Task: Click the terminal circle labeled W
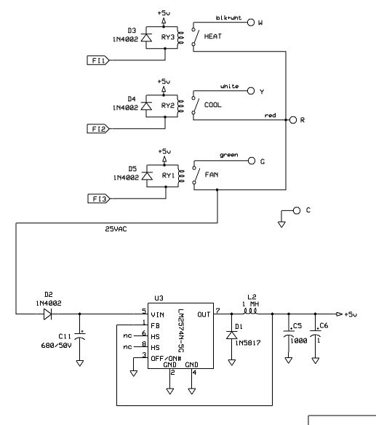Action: tap(252, 23)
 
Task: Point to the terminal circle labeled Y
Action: tap(252, 92)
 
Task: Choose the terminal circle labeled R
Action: tap(292, 119)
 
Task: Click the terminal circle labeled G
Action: tap(252, 161)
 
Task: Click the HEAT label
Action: tap(212, 36)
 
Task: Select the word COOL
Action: tap(212, 105)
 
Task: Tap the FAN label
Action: tap(211, 175)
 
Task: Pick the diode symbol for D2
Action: tap(48, 314)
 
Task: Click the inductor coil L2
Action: tap(251, 314)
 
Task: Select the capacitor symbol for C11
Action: tap(80, 337)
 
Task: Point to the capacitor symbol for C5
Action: tap(289, 337)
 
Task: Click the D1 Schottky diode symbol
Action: tap(232, 335)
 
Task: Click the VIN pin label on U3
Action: tap(159, 314)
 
